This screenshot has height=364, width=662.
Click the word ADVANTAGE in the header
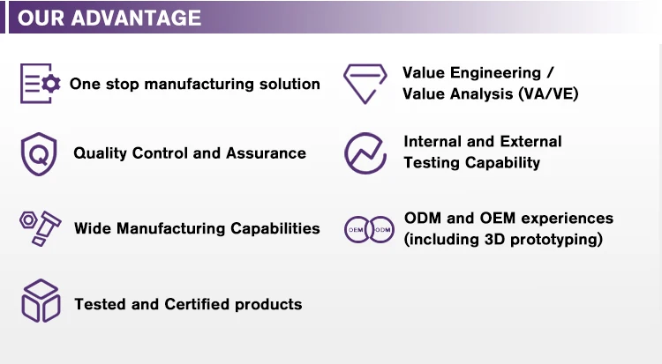(136, 19)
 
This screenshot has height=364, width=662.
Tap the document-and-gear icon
(41, 84)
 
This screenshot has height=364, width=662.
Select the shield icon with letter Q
(39, 154)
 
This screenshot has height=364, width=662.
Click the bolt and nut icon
(41, 228)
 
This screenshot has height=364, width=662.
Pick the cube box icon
(41, 301)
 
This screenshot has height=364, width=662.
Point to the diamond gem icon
(365, 84)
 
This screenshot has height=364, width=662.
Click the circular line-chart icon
(365, 153)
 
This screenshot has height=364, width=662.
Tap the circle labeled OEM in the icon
(357, 229)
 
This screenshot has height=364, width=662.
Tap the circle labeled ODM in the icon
(382, 229)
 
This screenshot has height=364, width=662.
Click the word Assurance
(266, 153)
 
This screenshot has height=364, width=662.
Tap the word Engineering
(496, 73)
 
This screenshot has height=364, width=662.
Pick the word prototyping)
(556, 240)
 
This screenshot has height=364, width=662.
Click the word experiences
(568, 219)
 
